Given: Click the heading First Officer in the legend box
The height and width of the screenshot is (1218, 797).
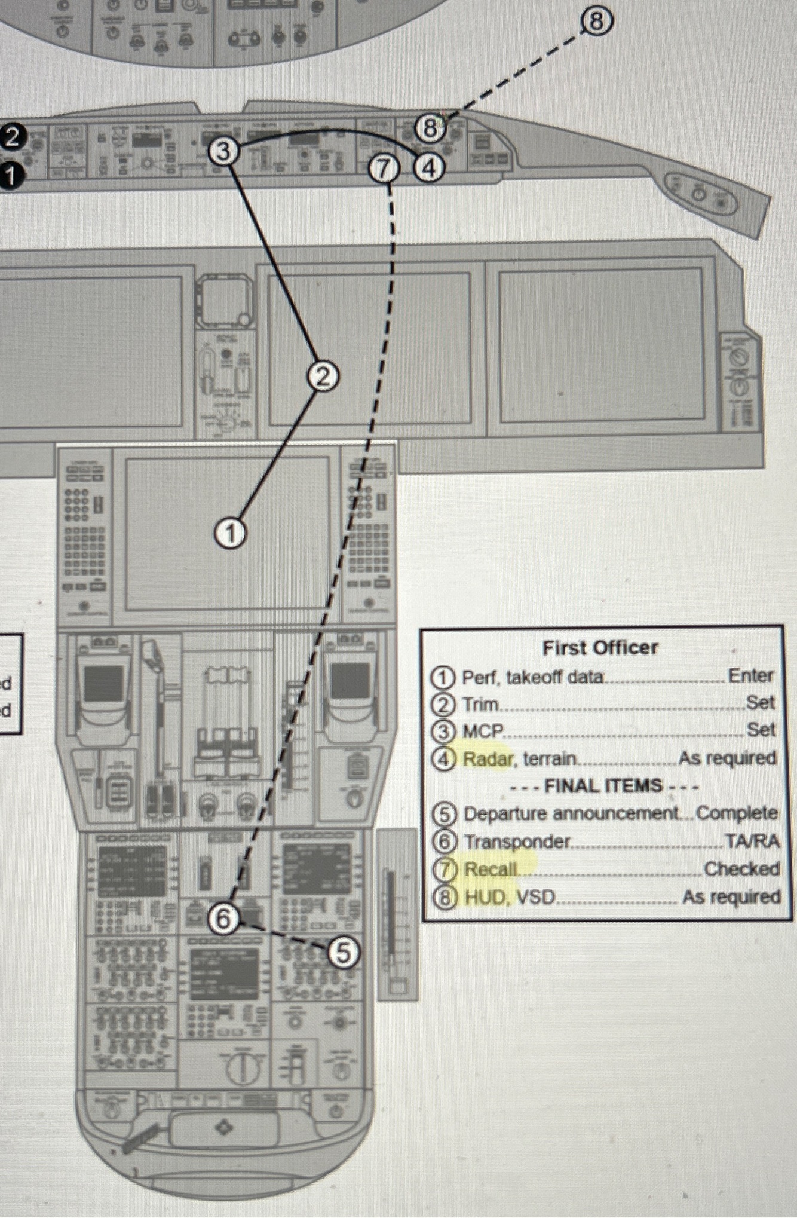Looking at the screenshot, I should coord(600,648).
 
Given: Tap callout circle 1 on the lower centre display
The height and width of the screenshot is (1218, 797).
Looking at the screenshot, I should coord(230,533).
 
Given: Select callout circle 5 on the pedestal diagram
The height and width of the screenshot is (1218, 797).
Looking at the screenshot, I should coord(344,953).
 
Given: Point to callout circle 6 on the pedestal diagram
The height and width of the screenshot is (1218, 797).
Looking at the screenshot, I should coord(223,919).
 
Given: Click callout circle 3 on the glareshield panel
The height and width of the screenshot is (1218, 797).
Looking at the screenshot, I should coord(223,151).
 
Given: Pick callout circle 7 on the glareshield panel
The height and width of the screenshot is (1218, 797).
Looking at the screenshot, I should coord(384,170).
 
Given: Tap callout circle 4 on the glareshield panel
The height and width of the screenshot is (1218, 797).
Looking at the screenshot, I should coord(430,167).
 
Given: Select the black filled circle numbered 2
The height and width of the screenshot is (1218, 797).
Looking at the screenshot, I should coord(13,137).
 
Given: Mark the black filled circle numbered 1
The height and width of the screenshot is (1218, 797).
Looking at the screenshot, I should coord(10,177).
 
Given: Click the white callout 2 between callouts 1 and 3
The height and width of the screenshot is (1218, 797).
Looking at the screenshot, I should coord(323,377).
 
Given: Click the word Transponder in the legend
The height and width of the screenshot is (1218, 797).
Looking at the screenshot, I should coord(517,841).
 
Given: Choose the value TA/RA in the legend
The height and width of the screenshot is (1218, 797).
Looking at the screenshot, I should coord(752,841).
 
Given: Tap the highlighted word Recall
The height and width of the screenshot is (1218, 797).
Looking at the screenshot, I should coord(490,869).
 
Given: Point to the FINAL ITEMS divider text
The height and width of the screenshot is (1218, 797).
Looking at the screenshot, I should coord(603,786).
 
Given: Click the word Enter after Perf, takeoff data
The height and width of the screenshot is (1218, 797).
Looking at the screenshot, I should coord(750,676).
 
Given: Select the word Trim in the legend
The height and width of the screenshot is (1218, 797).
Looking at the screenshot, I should coord(480,705).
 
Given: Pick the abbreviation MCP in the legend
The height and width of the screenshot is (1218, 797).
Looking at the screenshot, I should coord(483,731).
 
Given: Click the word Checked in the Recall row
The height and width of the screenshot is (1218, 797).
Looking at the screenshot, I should coord(741,869).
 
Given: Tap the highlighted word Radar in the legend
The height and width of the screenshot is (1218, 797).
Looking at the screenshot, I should coord(488,759).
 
